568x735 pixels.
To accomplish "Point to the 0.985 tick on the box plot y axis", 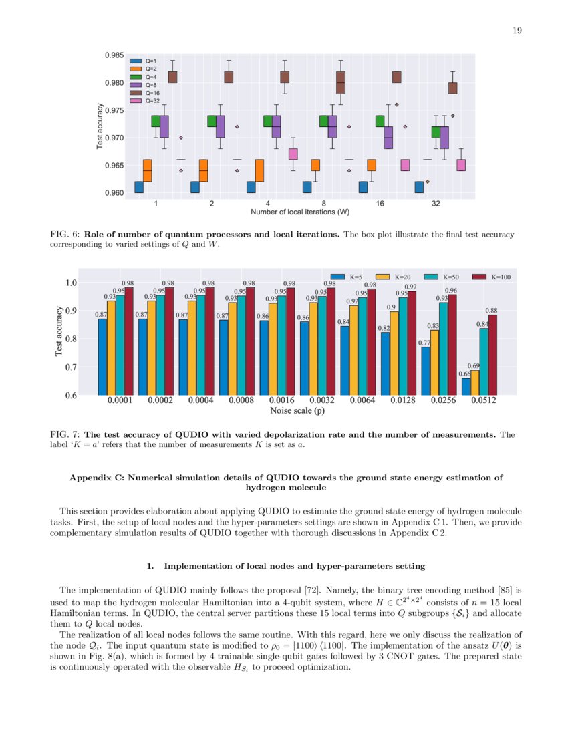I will click(113, 55).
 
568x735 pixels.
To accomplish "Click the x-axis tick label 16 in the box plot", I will click(380, 203).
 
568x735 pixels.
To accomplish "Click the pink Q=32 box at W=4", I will click(293, 154).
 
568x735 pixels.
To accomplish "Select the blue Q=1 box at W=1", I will click(138, 187).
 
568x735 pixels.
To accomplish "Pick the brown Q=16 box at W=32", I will click(452, 88).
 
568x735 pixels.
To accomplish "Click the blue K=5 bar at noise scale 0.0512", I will click(466, 386).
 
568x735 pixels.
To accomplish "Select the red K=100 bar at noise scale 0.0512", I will click(492, 354).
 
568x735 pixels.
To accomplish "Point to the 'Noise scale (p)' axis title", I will click(297, 411).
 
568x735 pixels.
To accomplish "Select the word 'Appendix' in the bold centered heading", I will click(90, 478).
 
